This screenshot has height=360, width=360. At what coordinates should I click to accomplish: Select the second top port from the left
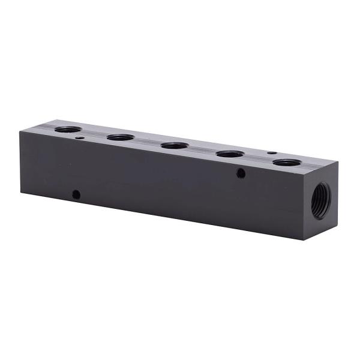pyautogui.click(x=120, y=137)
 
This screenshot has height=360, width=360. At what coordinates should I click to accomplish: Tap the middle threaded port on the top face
pyautogui.click(x=175, y=145)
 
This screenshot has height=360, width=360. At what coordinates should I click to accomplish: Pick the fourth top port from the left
pyautogui.click(x=230, y=154)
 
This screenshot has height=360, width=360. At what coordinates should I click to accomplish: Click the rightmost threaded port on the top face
pyautogui.click(x=287, y=163)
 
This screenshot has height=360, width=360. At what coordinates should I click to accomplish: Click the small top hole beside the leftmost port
pyautogui.click(x=80, y=138)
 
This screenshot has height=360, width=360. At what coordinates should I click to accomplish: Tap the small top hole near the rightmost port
pyautogui.click(x=271, y=152)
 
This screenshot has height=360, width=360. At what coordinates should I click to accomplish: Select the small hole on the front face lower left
pyautogui.click(x=76, y=194)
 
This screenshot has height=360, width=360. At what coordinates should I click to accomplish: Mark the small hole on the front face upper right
pyautogui.click(x=241, y=173)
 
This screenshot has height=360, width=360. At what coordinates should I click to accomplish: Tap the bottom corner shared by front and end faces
pyautogui.click(x=304, y=239)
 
